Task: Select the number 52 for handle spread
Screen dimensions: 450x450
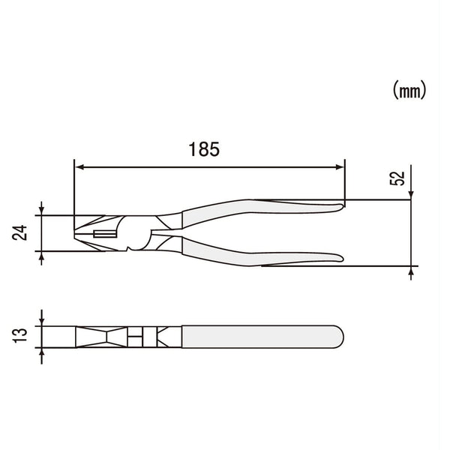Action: (x=398, y=178)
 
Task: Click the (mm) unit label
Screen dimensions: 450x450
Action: (x=409, y=91)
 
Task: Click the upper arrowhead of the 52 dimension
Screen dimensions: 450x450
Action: (x=411, y=196)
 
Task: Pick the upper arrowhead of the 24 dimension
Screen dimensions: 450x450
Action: (x=42, y=211)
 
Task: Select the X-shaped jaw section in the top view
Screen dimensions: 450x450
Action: (x=97, y=337)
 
